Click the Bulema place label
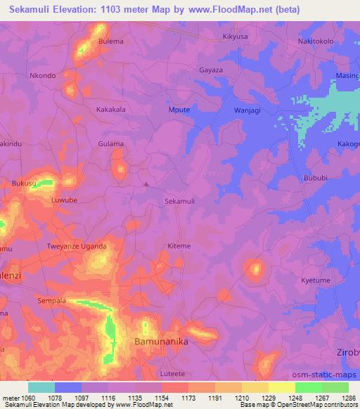tap(111, 41)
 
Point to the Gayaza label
tap(211, 72)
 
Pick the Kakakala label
tap(110, 110)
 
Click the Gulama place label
tap(110, 143)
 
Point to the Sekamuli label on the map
tap(179, 201)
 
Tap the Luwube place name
tap(65, 200)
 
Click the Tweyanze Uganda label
tap(77, 246)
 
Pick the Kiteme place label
tap(179, 246)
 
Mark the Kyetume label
tap(316, 280)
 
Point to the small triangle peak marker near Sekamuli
tap(146, 184)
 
